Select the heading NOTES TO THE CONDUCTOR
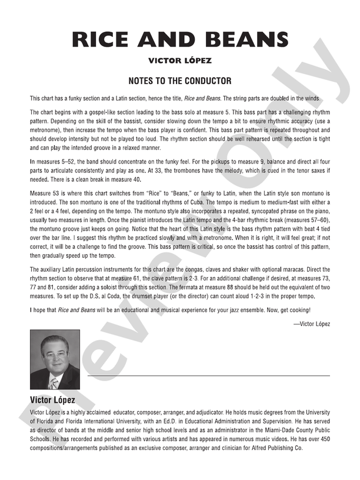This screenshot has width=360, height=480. (x=180, y=81)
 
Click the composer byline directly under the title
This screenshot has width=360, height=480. (x=180, y=60)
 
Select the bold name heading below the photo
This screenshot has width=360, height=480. (x=52, y=401)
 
